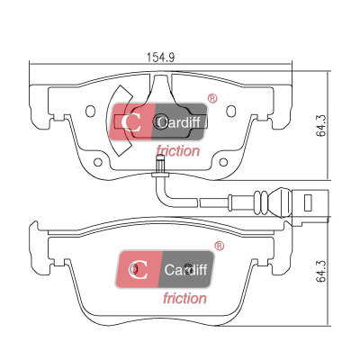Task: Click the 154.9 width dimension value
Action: tap(160, 57)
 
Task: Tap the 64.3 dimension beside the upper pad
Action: tap(321, 126)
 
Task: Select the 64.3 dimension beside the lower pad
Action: tap(321, 272)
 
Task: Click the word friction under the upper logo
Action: tap(177, 151)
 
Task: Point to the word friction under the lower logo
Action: tap(184, 299)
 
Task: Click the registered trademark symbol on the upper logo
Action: tap(212, 98)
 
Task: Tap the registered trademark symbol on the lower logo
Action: tap(220, 246)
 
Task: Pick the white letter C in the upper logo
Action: tap(131, 122)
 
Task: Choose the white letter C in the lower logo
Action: tap(139, 270)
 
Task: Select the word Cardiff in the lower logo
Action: tap(185, 270)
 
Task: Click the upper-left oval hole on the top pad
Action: tap(90, 112)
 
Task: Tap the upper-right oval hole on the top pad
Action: tap(230, 112)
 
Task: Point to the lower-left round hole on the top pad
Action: tap(98, 162)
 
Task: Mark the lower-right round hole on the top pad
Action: tap(223, 162)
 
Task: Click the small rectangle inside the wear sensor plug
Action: tap(308, 202)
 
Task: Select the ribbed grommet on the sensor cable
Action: tap(262, 202)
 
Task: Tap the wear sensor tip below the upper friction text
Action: tap(160, 164)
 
